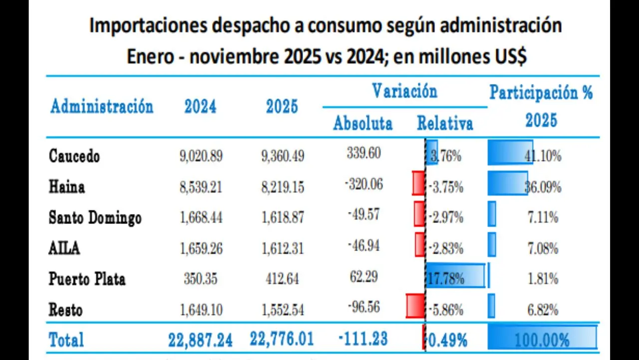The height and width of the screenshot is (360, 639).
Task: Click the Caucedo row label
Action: click(x=74, y=156)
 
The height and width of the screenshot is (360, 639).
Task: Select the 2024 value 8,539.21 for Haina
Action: click(x=201, y=187)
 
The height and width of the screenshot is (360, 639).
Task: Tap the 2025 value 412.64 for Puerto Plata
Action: click(x=282, y=278)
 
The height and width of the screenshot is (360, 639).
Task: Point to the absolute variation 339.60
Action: click(x=363, y=153)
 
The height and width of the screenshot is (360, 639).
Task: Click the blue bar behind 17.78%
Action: click(x=455, y=275)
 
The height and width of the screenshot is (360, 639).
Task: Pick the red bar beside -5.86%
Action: click(x=415, y=306)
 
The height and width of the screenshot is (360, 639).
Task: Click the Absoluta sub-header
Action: click(x=363, y=123)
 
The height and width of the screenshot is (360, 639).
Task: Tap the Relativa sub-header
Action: click(x=445, y=123)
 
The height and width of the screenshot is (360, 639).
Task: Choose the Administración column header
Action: click(x=101, y=106)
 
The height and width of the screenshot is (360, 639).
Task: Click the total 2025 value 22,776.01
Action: click(x=282, y=339)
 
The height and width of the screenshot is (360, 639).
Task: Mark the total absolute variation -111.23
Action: click(x=363, y=339)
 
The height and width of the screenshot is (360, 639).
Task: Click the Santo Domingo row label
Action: click(x=95, y=217)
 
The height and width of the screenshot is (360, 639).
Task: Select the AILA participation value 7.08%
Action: click(x=543, y=248)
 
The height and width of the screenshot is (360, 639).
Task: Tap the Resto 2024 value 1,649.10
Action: click(x=201, y=310)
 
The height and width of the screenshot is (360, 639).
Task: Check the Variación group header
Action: click(x=404, y=91)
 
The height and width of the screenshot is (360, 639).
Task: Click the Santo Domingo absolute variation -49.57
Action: click(x=363, y=215)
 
